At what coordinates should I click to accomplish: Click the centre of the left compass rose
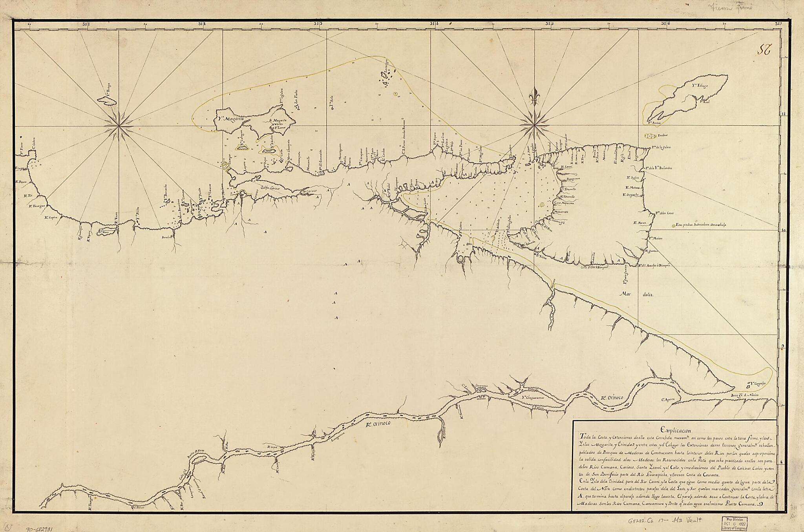point(118,126)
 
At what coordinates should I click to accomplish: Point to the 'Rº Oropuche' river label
point(633,194)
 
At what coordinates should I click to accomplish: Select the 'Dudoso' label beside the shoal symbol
point(663,135)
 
